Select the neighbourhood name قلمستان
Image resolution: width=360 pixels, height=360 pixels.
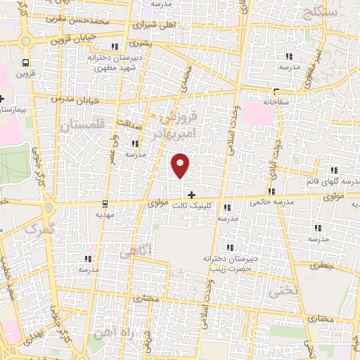point(82,126)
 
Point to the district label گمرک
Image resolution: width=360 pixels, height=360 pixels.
point(39,229)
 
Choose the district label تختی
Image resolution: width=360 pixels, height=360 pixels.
point(285,289)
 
